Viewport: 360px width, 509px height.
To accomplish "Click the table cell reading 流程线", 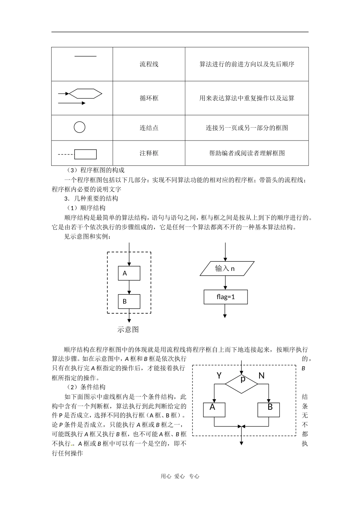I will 149,64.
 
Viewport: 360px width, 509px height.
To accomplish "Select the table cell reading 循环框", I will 149,98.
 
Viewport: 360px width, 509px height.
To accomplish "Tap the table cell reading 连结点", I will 149,128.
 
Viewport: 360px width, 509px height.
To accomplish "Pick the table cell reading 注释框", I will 149,153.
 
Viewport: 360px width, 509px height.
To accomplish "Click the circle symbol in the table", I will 79,127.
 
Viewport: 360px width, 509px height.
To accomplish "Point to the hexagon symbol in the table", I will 86,93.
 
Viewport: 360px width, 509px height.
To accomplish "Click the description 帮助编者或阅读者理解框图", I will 247,153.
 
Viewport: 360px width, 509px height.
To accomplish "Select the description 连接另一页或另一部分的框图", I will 247,128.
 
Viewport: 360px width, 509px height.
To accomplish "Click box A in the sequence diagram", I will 129,273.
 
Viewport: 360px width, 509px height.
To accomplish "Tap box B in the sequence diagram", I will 129,301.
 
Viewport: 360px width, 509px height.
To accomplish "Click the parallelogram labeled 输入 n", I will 225,269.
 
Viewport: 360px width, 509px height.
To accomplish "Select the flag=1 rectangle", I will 225,297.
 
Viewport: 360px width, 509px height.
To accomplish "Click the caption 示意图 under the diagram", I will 128,329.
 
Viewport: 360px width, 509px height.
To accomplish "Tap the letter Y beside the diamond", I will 219,375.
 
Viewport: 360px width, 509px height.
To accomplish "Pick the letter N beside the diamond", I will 261,375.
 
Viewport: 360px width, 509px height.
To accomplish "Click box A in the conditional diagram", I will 214,409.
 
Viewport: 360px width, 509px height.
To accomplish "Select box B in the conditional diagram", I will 269,409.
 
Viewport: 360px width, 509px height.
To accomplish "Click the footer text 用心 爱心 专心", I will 180,476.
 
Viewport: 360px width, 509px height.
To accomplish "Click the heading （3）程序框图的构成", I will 95,170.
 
